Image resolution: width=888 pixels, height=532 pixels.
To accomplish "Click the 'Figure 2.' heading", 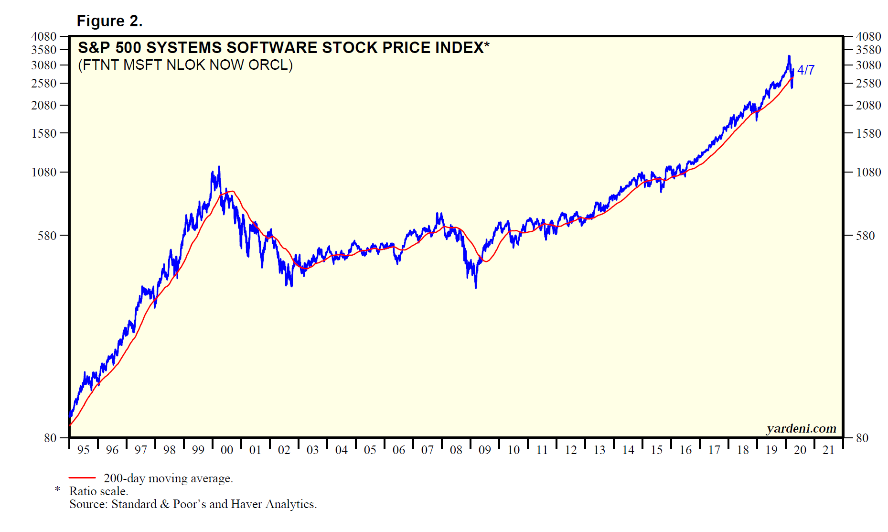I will pos(109,21).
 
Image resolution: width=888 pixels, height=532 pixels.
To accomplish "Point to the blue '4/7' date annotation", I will pos(806,70).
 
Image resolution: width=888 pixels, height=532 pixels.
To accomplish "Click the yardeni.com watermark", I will pos(801,428).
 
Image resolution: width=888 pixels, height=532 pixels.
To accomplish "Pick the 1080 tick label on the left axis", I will pos(44,172).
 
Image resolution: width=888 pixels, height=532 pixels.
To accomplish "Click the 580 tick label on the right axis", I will pos(865,236).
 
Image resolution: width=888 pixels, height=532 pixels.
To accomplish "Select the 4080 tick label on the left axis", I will pos(44,36).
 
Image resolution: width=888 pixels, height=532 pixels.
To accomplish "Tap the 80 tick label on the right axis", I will pos(862,438).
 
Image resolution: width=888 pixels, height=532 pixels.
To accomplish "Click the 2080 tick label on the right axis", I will pos(868,105).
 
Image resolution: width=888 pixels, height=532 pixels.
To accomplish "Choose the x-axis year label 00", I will pos(227,450).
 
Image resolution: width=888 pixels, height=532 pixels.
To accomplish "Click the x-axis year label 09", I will pos(485,450).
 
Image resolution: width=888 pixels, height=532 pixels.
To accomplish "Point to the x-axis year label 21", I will pos(829,450).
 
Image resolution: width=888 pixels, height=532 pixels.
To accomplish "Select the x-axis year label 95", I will pos(84,450).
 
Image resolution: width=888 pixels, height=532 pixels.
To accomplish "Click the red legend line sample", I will pos(82,478).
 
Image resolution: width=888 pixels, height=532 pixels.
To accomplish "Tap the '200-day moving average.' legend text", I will pos(168,478).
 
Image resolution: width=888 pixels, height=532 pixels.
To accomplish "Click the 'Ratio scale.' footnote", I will pos(98,491).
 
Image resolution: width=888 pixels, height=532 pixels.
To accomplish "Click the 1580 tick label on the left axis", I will pos(44,133).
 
